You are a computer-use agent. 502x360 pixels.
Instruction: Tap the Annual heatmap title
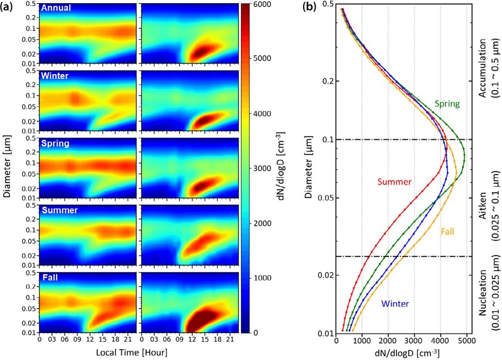click(x=56, y=8)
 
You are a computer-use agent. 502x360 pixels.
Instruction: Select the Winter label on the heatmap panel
click(x=55, y=76)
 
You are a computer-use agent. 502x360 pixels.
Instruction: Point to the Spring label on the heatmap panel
click(x=55, y=144)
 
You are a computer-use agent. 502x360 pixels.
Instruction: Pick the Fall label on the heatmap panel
click(x=50, y=277)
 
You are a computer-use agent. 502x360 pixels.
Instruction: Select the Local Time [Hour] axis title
click(x=132, y=352)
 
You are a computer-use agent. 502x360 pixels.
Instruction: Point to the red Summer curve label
click(x=395, y=182)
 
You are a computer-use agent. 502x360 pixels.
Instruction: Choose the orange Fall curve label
click(x=447, y=231)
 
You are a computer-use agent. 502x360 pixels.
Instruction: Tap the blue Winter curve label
click(x=395, y=304)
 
